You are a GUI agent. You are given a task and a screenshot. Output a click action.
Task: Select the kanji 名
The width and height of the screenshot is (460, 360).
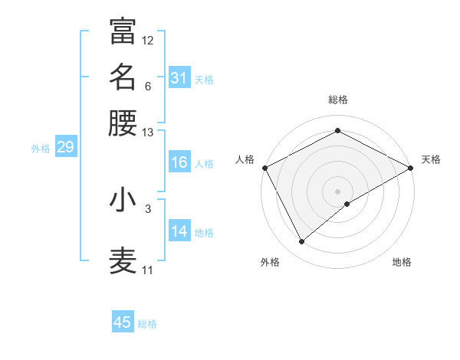pos(123,77)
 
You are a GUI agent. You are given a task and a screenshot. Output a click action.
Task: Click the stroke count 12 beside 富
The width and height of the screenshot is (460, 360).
pos(148,40)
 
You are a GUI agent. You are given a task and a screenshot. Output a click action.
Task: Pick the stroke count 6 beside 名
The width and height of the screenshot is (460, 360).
pos(147,87)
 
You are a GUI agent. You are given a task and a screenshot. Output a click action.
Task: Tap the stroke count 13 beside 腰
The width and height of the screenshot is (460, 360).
pos(148,133)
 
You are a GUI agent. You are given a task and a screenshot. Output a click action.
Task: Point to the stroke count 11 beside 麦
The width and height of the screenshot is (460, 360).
pos(148,270)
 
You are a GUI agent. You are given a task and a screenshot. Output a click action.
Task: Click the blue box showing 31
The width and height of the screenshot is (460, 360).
pos(179,77)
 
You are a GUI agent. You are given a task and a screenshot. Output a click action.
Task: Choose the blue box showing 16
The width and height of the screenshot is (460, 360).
pos(179,162)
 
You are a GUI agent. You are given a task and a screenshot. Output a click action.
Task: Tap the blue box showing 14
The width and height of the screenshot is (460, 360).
pos(179,231)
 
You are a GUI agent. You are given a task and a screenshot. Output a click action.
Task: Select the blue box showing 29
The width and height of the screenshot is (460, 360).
pos(65,147)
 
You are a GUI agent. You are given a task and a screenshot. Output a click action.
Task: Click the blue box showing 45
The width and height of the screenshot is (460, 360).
pos(123,322)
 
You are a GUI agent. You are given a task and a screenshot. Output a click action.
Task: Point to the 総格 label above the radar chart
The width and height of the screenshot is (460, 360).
pos(338,100)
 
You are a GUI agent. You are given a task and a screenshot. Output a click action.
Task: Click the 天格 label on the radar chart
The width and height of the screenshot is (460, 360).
pos(431,159)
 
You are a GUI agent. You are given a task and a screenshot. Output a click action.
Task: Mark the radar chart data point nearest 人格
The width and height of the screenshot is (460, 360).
pos(264,167)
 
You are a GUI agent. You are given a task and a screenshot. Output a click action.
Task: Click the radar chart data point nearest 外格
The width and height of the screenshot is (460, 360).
pos(301,242)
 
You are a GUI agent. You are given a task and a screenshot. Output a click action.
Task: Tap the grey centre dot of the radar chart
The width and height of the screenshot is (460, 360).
pos(338,191)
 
